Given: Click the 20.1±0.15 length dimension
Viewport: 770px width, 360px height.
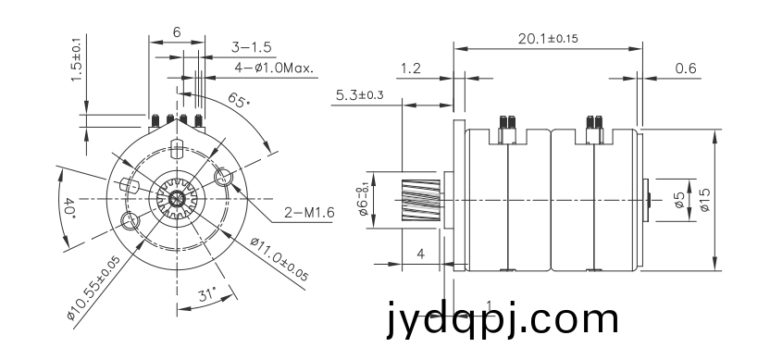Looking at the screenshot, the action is click(548, 38).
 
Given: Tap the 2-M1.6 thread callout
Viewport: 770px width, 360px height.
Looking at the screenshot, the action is click(309, 213).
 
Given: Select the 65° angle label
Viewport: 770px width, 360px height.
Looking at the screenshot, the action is click(239, 100).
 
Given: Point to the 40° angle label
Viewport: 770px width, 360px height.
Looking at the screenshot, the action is click(69, 207).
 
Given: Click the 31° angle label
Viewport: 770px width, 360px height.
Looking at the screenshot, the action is click(207, 294).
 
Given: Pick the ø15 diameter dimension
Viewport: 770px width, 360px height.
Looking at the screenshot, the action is click(705, 200).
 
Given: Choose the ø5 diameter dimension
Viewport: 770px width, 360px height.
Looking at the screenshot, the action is click(679, 200).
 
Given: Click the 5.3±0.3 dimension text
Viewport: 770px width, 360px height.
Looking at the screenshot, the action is click(359, 94).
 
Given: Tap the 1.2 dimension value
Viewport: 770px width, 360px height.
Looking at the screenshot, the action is click(410, 68).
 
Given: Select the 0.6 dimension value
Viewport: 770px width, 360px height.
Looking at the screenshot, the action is click(686, 68).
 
